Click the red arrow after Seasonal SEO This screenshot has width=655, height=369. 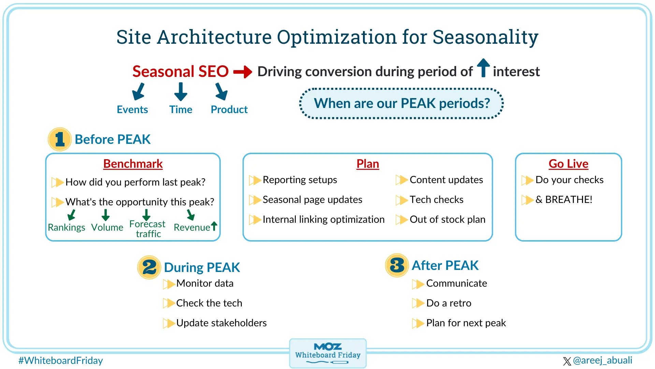pos(243,72)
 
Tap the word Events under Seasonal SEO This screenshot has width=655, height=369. pos(132,109)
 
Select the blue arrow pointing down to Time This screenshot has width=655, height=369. pos(180,92)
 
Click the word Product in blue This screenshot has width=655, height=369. pos(229,109)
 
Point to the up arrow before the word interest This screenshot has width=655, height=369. pos(483,68)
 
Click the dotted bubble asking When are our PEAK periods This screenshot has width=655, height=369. pos(402,104)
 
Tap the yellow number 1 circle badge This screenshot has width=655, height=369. pos(60,139)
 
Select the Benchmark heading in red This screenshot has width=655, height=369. pos(133,164)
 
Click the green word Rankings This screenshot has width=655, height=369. pos(67,227)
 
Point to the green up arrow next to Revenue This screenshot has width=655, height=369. pos(214,226)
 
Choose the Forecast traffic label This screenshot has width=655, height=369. pos(148,229)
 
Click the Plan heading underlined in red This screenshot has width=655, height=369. pos(367,164)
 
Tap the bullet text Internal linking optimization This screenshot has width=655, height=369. pos(323,219)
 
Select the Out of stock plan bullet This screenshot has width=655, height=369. pos(447,219)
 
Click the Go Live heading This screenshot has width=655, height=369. pos(568,164)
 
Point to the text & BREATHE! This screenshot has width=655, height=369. pos(564,200)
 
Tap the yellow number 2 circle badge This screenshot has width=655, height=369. pos(149,267)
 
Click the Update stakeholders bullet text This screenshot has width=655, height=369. pos(221,323)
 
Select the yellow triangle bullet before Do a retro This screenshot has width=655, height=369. pos(418,303)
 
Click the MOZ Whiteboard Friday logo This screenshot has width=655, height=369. pos(328,353)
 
